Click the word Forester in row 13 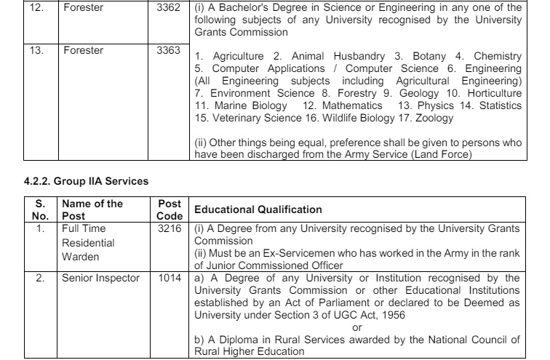coord(83,50)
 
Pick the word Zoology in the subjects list coord(434,117)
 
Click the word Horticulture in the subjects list coord(493,93)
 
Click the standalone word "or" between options coord(356,327)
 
